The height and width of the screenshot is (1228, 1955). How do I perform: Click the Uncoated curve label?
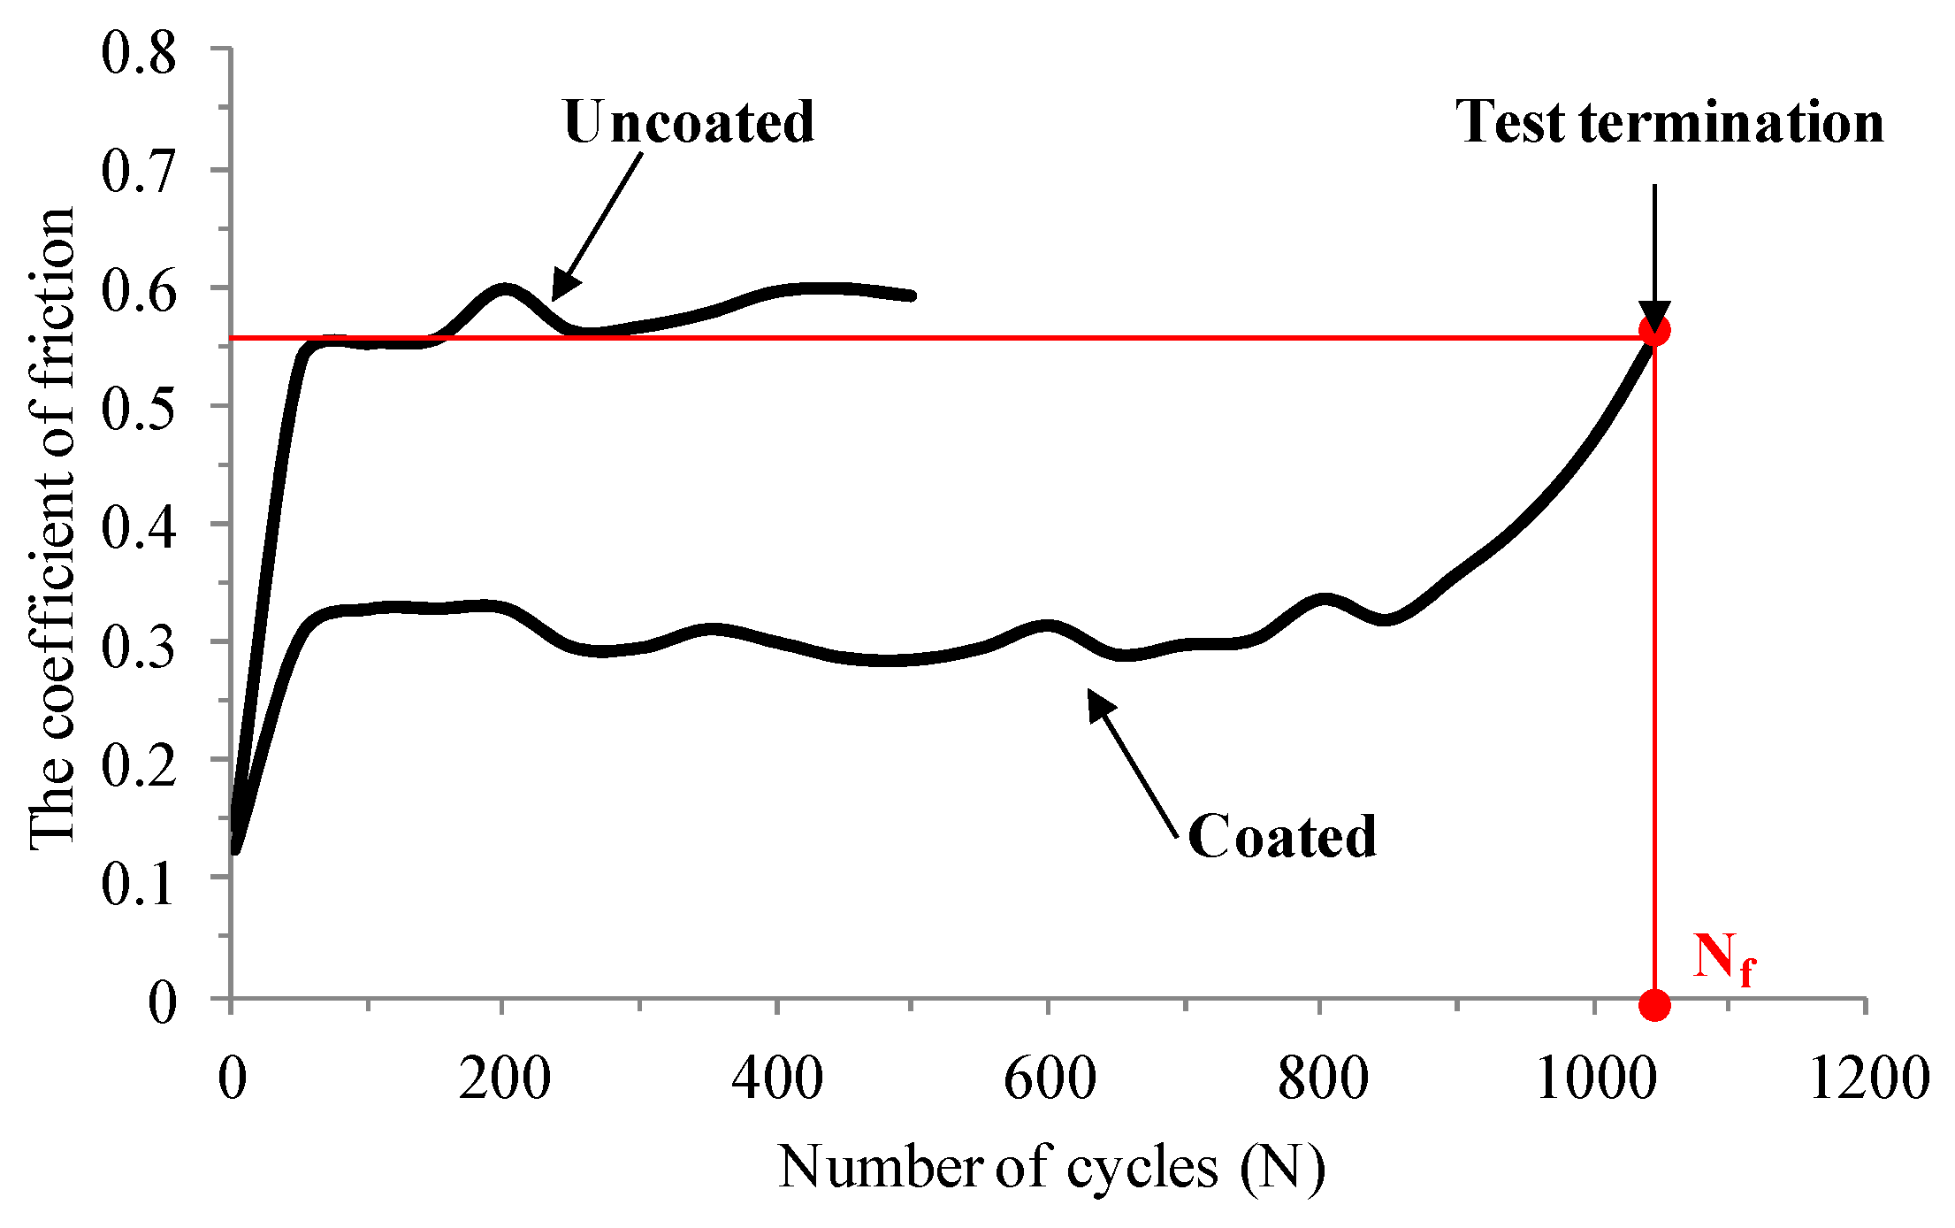click(688, 122)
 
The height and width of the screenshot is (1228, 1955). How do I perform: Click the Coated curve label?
click(1281, 837)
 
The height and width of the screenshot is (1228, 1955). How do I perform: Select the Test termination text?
click(1669, 122)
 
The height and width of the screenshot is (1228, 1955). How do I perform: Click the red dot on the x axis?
click(1653, 1005)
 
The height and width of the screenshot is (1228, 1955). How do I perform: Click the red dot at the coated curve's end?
click(1653, 331)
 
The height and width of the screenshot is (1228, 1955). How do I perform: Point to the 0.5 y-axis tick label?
click(139, 408)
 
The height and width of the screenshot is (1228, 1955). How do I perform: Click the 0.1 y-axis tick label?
click(139, 882)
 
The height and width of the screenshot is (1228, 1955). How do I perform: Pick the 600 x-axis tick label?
click(1050, 1079)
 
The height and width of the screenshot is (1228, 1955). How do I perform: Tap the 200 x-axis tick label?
click(504, 1079)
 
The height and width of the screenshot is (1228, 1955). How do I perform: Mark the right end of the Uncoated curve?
click(912, 295)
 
